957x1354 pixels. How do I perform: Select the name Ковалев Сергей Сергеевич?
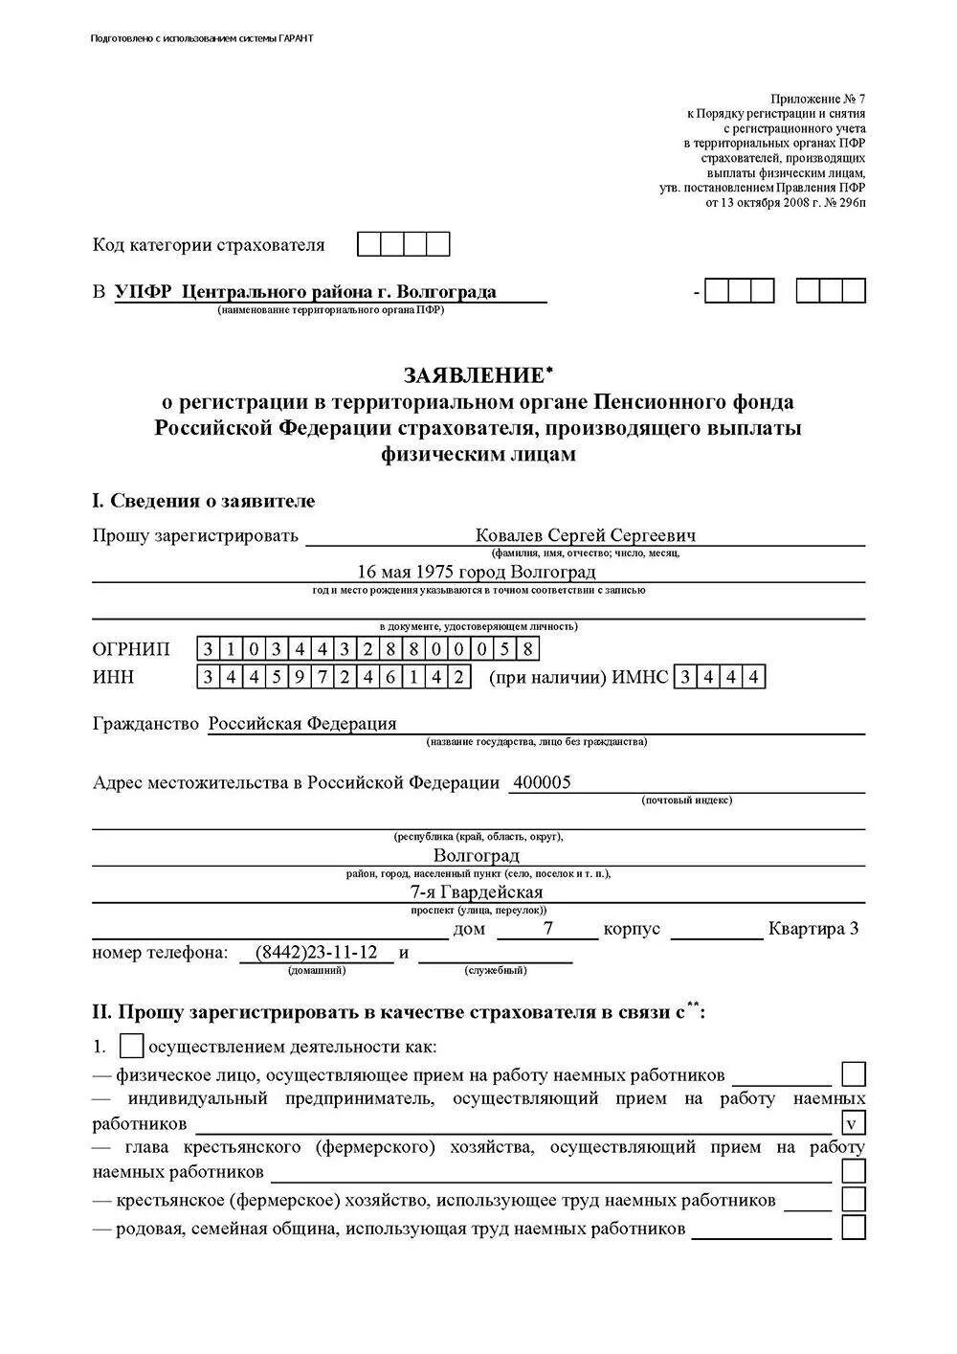coord(585,535)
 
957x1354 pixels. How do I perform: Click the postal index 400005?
coord(542,782)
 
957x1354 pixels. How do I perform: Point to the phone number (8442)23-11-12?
coord(317,953)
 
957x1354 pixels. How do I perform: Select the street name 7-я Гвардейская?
coord(476,892)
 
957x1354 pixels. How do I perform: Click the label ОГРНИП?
coord(131,649)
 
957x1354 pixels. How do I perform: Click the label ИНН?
coord(114,677)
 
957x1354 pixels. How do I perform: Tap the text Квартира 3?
coord(813,929)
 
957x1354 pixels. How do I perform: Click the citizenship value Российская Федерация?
coord(302,724)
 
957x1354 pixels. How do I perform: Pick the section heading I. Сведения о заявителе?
coord(203,501)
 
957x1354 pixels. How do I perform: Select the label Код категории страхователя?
coord(209,245)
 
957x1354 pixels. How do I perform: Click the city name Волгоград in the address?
coord(476,855)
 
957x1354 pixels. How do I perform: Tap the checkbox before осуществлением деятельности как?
coord(132,1047)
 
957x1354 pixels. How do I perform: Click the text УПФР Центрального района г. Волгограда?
coord(305,292)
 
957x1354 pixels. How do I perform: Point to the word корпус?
coord(632,929)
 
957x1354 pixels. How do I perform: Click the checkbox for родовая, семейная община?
coord(853,1228)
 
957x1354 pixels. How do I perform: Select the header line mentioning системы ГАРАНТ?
coord(202,38)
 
